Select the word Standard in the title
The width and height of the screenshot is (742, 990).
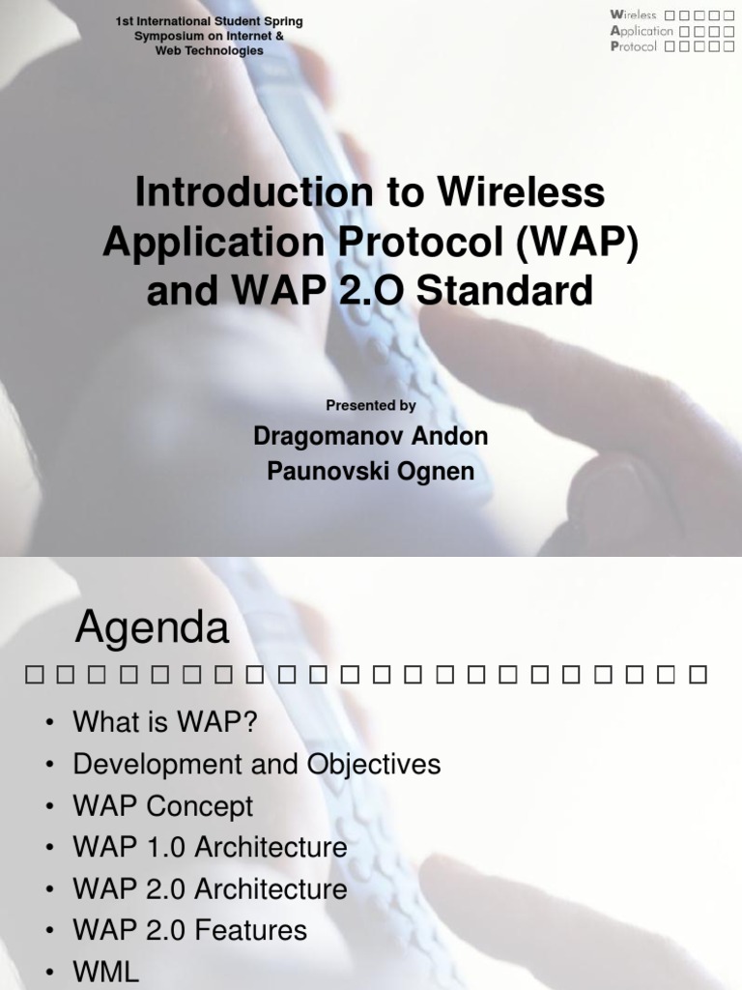(501, 290)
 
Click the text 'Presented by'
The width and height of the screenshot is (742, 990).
(371, 406)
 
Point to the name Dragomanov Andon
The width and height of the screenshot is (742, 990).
(371, 436)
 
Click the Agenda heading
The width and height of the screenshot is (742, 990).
(153, 629)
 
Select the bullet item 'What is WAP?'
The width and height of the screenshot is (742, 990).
(165, 722)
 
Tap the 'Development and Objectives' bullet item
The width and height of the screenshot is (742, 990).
(257, 764)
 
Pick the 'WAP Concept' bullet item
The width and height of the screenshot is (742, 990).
(163, 805)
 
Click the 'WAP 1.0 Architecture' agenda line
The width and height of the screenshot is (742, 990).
(210, 848)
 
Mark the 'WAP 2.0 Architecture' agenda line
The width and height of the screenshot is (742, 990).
(210, 889)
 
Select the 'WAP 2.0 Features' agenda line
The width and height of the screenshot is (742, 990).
(190, 931)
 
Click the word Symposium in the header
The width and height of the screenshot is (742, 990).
(164, 36)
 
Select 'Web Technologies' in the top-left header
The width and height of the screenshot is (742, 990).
(210, 50)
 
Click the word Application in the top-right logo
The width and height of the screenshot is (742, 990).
(642, 31)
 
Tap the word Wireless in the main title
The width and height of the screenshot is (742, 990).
(523, 192)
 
